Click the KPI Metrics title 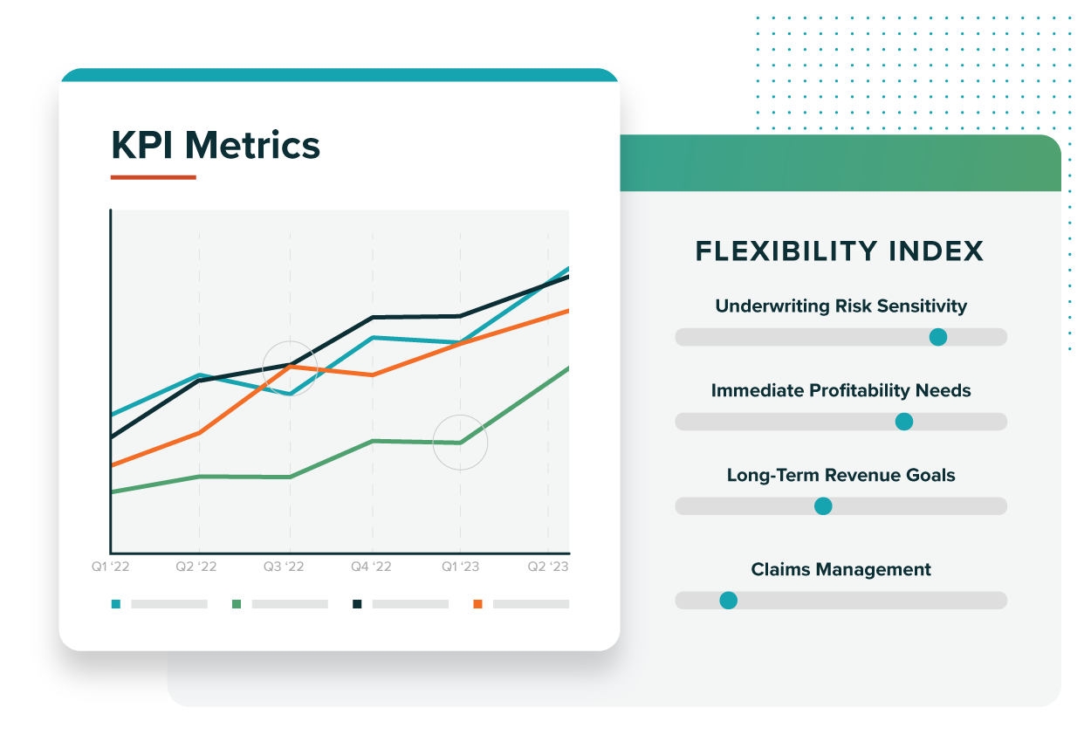[216, 145]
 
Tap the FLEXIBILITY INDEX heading [840, 251]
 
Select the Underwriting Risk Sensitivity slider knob [938, 337]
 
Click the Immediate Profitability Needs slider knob [904, 422]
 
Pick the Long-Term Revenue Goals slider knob [823, 506]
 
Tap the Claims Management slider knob [728, 601]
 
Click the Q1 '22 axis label [111, 567]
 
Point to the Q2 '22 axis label [196, 567]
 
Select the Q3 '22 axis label [284, 567]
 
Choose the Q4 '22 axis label [371, 567]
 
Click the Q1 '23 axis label [460, 567]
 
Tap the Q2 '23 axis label [548, 567]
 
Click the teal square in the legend [116, 604]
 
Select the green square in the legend [237, 604]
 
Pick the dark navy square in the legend [357, 604]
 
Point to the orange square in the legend [477, 604]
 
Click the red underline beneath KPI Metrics [153, 177]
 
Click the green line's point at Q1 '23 [460, 443]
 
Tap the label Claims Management [841, 570]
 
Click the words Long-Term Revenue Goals [841, 476]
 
